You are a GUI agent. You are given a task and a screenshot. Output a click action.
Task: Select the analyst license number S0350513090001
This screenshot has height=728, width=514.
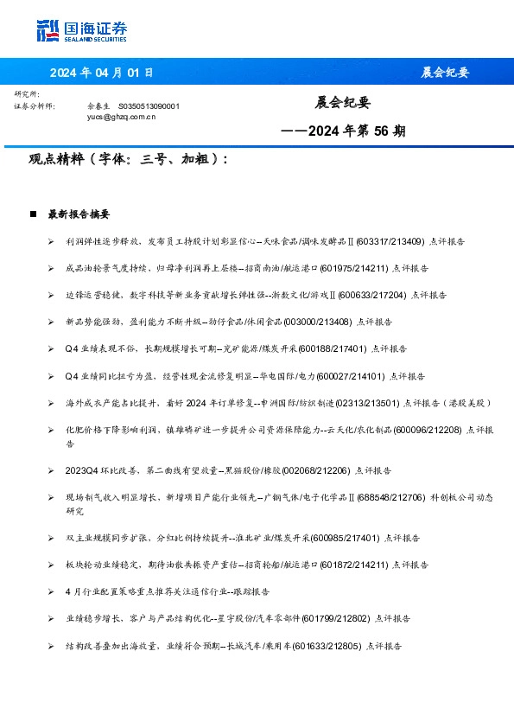(149, 105)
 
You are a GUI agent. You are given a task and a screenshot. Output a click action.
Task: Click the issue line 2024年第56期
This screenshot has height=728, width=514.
(344, 131)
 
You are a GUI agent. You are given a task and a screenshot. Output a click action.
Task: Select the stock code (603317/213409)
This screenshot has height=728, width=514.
(389, 241)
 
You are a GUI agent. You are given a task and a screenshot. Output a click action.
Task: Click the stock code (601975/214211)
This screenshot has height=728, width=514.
(357, 268)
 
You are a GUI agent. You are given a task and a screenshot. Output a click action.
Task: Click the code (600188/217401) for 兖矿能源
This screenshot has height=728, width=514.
(333, 348)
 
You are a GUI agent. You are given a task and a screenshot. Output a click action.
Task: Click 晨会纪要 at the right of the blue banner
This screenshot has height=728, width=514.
(445, 73)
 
